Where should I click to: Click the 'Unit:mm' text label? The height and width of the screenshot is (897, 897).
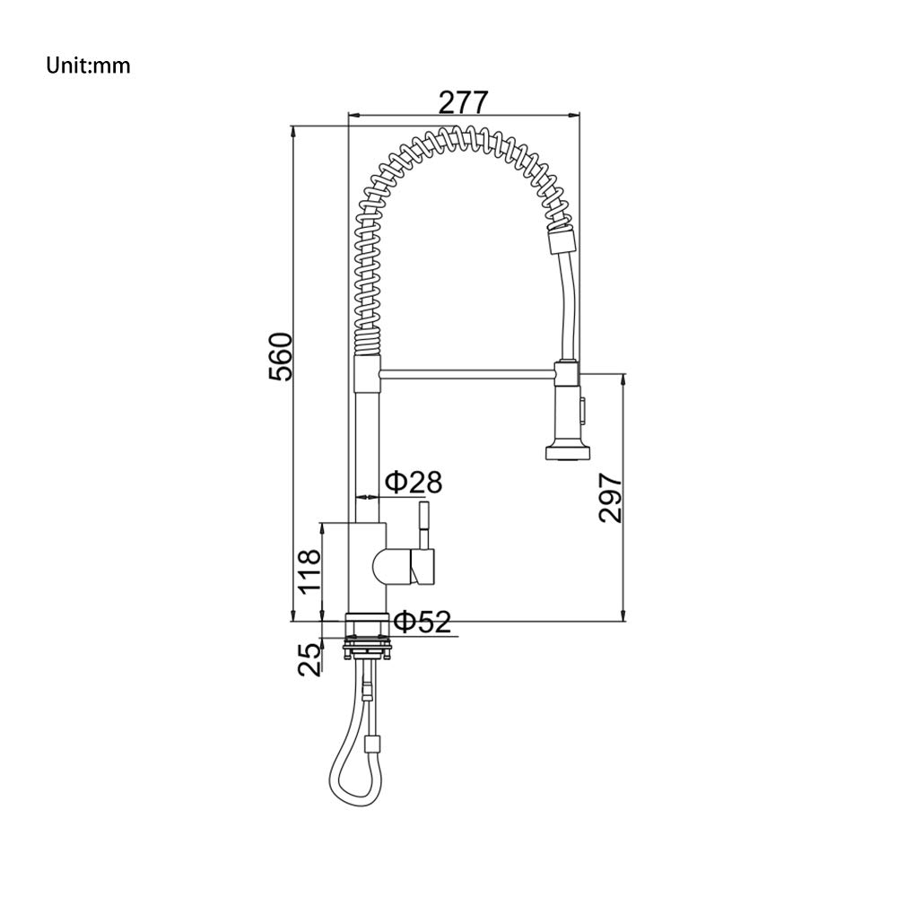88,65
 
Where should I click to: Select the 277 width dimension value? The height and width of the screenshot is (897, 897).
464,102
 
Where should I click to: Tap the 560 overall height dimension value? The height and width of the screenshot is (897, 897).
280,356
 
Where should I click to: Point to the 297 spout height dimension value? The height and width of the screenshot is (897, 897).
610,498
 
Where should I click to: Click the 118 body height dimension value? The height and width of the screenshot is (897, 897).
309,572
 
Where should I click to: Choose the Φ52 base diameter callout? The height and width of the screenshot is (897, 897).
423,622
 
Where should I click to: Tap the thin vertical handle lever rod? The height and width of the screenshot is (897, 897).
424,525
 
